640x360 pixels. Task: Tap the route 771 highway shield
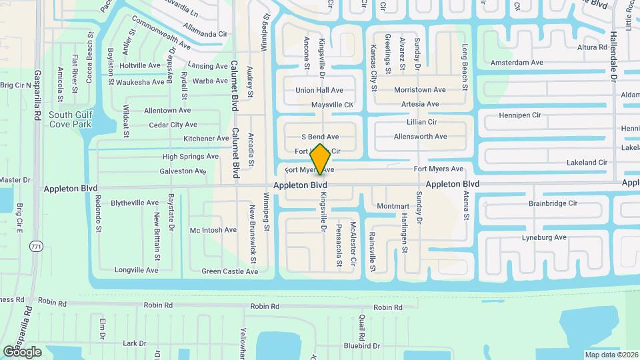pyautogui.click(x=35, y=247)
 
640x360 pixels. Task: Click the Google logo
pyautogui.click(x=23, y=352)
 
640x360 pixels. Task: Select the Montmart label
pyautogui.click(x=393, y=207)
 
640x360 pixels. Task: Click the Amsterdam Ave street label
pyautogui.click(x=517, y=63)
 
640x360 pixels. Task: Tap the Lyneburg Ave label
pyautogui.click(x=544, y=237)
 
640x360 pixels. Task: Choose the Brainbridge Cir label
pyautogui.click(x=553, y=203)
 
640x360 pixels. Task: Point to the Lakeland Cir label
pyautogui.click(x=587, y=162)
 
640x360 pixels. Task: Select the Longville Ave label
pyautogui.click(x=136, y=270)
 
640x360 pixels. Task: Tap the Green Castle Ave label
pyautogui.click(x=229, y=271)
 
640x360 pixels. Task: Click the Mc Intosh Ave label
pyautogui.click(x=213, y=230)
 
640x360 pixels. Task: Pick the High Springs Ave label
pyautogui.click(x=190, y=157)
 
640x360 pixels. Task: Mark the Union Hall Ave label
pyautogui.click(x=319, y=90)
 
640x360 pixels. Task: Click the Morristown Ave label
pyautogui.click(x=419, y=90)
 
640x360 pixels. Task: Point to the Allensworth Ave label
pyautogui.click(x=420, y=137)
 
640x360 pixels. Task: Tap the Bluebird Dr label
pyautogui.click(x=361, y=346)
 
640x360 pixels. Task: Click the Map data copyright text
pyautogui.click(x=611, y=355)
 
